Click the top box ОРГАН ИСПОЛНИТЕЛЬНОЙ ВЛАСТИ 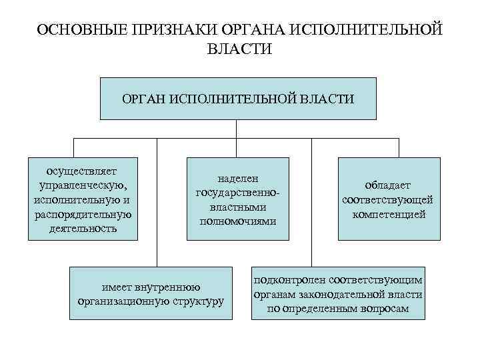coord(238,99)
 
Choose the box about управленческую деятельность coord(83,198)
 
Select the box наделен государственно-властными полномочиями coord(238,198)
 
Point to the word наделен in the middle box coord(238,179)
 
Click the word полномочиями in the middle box coord(238,220)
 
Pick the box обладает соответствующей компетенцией coord(389,198)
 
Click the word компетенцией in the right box coord(389,214)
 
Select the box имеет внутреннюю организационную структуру coord(150,294)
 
